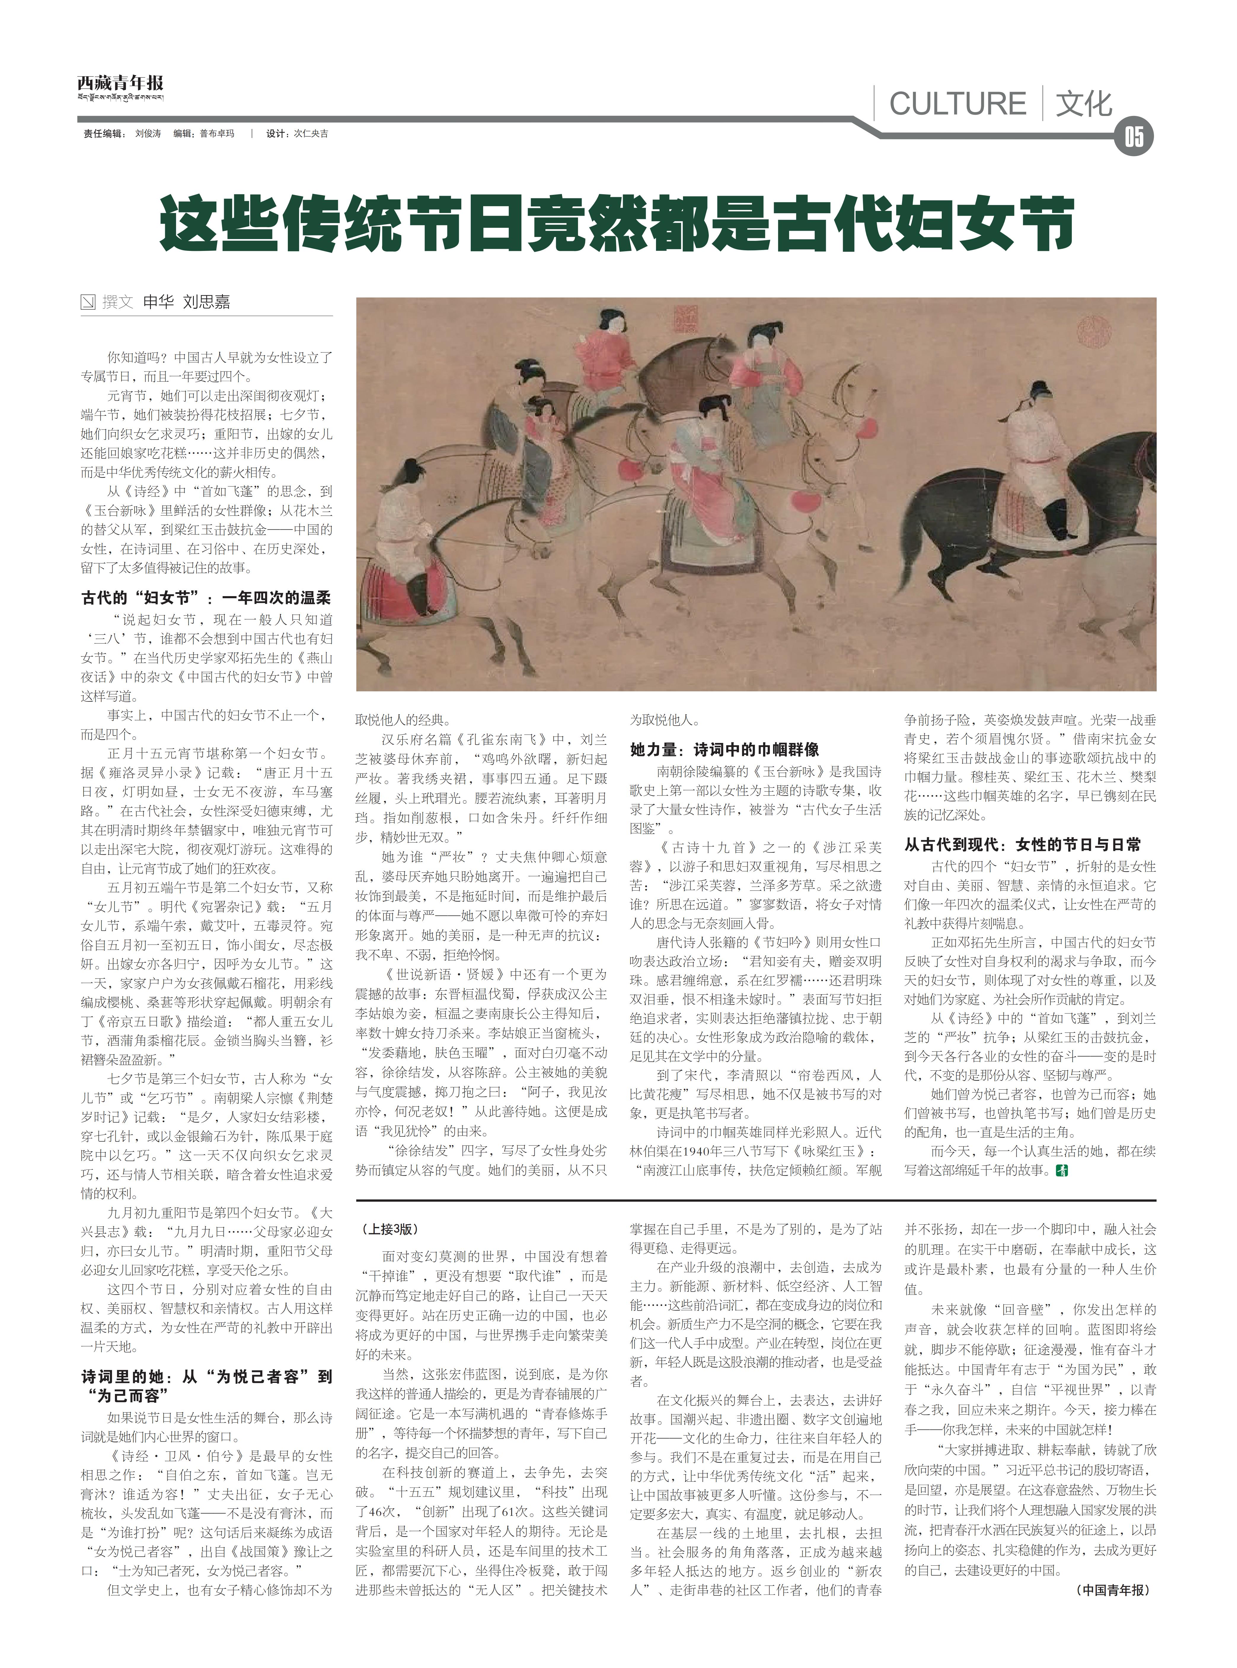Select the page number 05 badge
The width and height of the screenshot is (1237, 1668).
click(1134, 138)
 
